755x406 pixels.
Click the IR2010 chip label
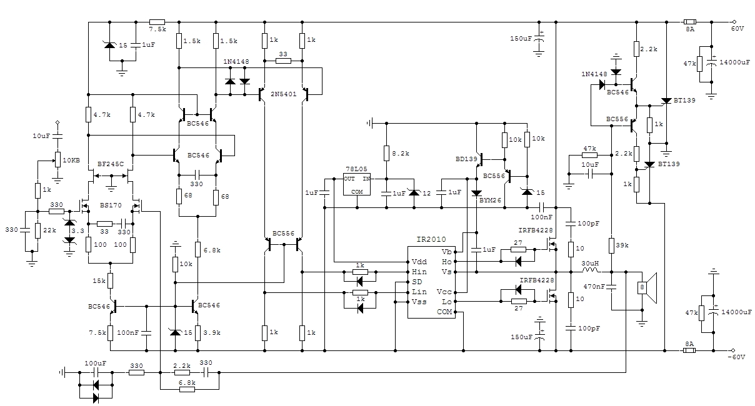point(431,240)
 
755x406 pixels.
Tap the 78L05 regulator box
point(357,184)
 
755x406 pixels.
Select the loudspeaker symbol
point(647,288)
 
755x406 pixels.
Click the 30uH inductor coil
point(590,270)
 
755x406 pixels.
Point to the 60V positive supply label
point(737,29)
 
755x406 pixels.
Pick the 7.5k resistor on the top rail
point(157,22)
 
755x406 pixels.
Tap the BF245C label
point(111,164)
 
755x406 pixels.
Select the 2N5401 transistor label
point(284,94)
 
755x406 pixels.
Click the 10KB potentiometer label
point(71,161)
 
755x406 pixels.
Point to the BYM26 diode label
point(490,200)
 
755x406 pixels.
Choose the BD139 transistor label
point(466,159)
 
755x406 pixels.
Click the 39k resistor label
point(622,245)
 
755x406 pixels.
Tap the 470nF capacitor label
point(594,287)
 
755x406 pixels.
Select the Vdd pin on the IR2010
point(419,262)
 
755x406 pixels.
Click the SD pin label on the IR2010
point(417,282)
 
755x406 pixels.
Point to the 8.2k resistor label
point(401,154)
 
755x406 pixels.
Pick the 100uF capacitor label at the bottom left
point(96,363)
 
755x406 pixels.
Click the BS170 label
point(111,205)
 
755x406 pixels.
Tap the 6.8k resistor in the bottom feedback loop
point(187,390)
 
